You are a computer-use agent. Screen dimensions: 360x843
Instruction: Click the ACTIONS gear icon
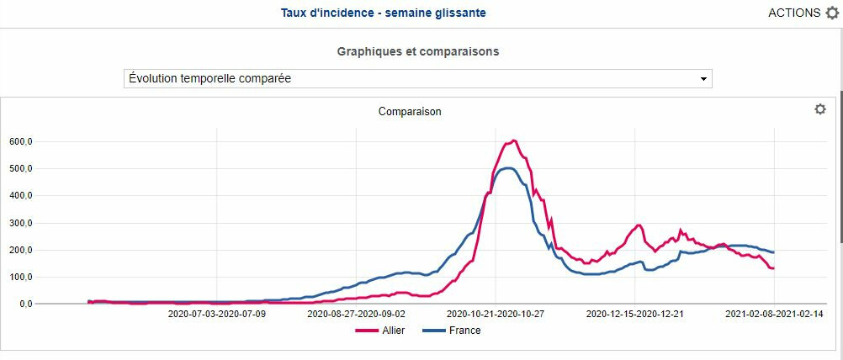(832, 13)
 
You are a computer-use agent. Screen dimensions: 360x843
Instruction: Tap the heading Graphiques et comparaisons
(418, 51)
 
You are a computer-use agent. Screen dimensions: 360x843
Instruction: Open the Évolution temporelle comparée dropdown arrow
(703, 79)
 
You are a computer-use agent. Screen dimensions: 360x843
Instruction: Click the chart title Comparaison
(410, 111)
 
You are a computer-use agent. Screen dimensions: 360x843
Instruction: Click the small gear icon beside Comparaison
(820, 109)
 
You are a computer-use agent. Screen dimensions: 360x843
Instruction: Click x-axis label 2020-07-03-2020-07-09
(217, 314)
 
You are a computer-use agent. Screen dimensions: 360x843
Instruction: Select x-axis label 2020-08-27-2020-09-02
(357, 314)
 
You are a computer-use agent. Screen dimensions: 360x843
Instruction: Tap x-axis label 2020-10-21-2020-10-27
(496, 314)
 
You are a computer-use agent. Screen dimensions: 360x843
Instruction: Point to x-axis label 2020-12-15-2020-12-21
(635, 314)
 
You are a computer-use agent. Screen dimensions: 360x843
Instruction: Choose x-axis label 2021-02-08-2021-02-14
(774, 314)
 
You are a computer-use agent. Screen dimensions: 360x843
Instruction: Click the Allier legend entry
(381, 331)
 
